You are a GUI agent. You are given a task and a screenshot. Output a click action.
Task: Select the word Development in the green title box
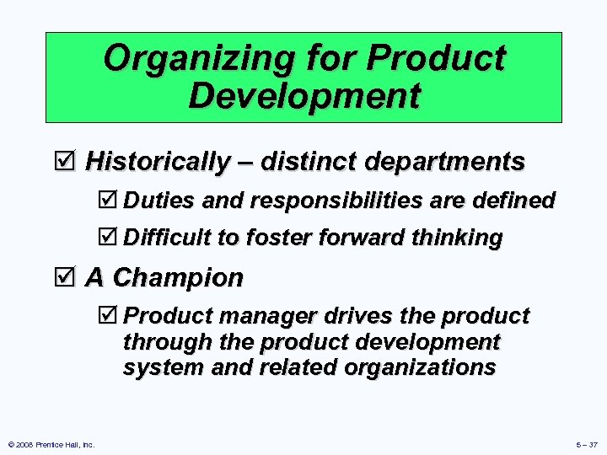(303, 95)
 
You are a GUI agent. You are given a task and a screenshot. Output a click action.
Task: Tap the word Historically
(158, 161)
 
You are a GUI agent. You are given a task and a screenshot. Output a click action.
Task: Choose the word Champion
(178, 277)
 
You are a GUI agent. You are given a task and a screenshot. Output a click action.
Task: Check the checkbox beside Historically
(67, 161)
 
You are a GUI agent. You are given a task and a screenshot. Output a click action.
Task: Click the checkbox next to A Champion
(67, 277)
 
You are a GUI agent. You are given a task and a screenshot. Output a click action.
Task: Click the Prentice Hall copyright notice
(51, 444)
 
